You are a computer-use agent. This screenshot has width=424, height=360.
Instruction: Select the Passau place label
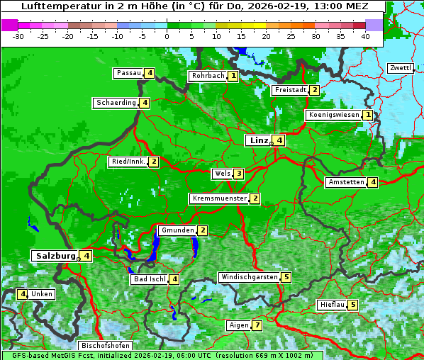point(129,73)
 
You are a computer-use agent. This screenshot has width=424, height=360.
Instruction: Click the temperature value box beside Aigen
point(257,326)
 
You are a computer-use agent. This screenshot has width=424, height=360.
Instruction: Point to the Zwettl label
point(400,68)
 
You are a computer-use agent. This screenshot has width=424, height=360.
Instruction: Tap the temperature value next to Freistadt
point(314,90)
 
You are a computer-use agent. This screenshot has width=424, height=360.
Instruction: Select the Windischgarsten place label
point(249,277)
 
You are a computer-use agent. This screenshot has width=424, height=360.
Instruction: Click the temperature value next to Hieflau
point(353,305)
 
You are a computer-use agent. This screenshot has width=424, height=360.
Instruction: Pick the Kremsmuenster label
point(219,198)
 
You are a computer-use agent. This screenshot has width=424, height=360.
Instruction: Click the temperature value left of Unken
point(23,294)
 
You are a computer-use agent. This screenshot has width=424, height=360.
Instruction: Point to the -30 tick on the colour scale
point(18,36)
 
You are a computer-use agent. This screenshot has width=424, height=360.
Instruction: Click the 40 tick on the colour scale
point(365,36)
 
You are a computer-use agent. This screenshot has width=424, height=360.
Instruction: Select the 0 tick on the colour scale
point(167,36)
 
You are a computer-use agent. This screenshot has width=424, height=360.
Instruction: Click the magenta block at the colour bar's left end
point(10,24)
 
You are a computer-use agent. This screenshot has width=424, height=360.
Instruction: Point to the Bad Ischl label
point(150,279)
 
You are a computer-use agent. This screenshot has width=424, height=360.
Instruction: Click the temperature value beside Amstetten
point(373,182)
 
